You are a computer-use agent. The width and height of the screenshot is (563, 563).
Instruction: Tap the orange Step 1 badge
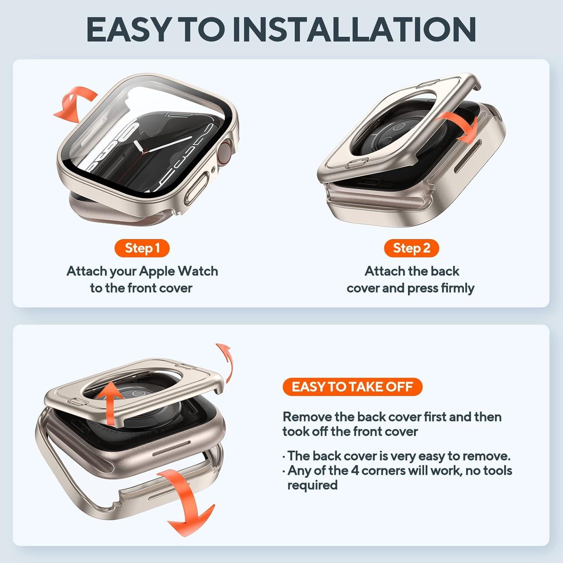(x=142, y=248)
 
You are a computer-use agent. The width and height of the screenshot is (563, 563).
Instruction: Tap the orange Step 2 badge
(x=411, y=248)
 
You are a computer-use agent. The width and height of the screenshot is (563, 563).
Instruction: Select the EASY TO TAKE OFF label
(x=352, y=387)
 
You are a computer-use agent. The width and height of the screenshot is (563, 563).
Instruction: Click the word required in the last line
(x=312, y=485)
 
